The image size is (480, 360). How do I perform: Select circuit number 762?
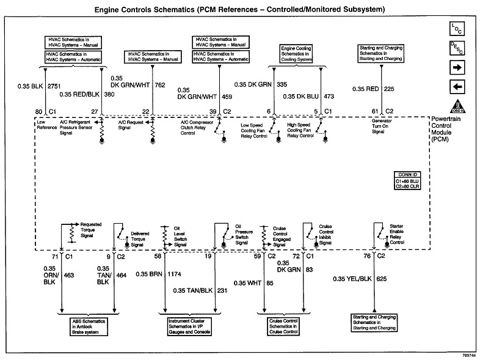[x=161, y=85]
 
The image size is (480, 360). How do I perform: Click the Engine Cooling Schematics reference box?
[x=297, y=53]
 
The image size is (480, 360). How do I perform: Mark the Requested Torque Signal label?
[x=90, y=229]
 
